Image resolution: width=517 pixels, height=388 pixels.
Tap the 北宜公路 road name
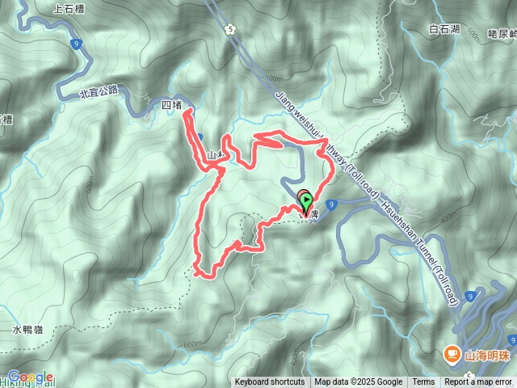coord(99,92)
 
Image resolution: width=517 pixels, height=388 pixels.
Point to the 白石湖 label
coord(444,30)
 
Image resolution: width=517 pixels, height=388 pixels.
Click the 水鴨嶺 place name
coord(27,330)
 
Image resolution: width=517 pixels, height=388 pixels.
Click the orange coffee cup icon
coord(451,353)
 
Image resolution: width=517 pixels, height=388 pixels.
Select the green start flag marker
coord(306,199)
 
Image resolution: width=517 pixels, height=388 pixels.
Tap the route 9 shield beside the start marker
coord(333,207)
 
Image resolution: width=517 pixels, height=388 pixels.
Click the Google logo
coord(30,376)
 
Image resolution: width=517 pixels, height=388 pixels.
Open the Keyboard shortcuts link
coord(270,382)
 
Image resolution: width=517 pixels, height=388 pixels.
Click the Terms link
coord(423,382)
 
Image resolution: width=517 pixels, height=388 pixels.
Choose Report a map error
coord(479,382)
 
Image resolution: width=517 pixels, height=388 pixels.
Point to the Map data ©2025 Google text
coord(358,382)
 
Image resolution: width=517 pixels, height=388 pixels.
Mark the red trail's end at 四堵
coord(187,115)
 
